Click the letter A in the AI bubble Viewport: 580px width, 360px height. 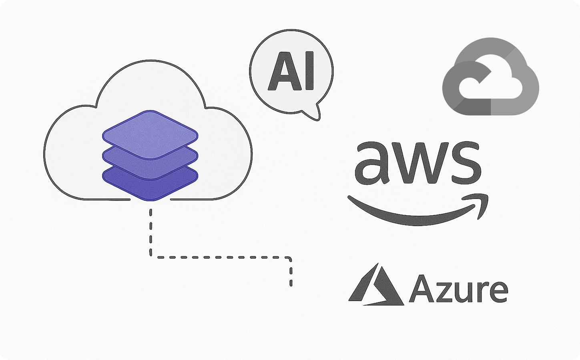pos(282,72)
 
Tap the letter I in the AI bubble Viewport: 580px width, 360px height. pos(309,72)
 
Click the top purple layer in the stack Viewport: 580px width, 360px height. pos(150,134)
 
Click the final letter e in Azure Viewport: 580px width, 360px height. pos(498,292)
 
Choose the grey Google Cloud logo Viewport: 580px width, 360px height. pos(490,76)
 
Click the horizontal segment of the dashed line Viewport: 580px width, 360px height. pos(220,257)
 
